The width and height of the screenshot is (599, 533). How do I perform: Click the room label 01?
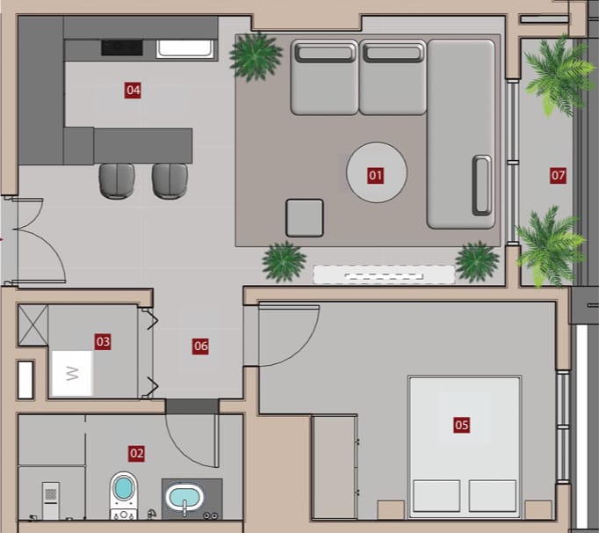click(x=376, y=176)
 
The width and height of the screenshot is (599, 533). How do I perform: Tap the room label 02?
click(x=136, y=454)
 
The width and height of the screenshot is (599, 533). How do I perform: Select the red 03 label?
click(x=103, y=341)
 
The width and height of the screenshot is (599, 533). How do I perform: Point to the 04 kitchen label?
click(x=133, y=91)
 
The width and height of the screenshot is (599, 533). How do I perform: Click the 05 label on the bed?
click(x=461, y=425)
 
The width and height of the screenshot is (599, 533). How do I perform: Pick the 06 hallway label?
click(x=200, y=347)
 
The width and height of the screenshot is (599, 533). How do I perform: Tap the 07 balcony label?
click(x=558, y=175)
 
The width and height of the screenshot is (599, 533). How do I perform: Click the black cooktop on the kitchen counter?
click(x=122, y=47)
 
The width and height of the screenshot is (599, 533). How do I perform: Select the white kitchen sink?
click(x=185, y=49)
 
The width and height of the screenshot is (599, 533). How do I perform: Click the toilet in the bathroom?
click(x=123, y=495)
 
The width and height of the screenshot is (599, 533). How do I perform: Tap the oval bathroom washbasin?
click(x=185, y=498)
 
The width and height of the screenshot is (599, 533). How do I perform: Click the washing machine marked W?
click(x=72, y=373)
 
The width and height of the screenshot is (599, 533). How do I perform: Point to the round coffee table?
click(x=377, y=172)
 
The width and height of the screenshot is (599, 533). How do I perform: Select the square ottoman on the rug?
click(x=305, y=218)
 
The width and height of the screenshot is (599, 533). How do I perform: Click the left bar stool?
click(x=117, y=181)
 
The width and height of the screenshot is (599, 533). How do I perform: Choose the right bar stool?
click(x=170, y=181)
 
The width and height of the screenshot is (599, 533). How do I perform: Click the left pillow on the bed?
click(x=437, y=496)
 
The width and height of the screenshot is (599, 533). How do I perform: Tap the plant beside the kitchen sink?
click(x=256, y=56)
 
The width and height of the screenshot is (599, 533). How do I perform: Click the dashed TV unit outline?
click(x=384, y=274)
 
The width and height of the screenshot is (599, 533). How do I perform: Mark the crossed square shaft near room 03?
click(x=32, y=325)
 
